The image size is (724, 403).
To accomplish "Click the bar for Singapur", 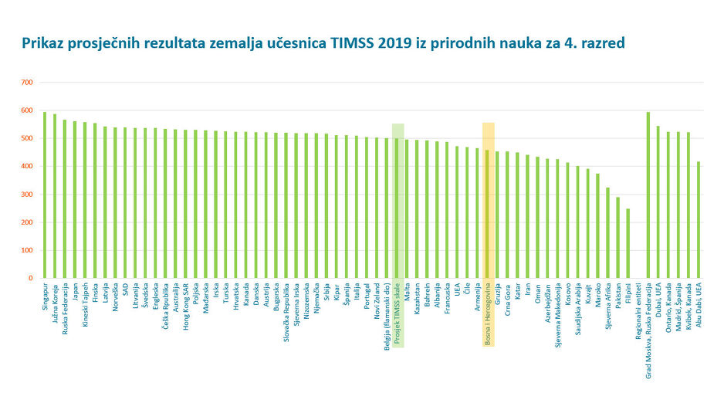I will [x=45, y=195].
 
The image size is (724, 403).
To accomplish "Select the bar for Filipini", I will [x=628, y=242].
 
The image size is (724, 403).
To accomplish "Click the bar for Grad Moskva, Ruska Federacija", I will [x=648, y=195].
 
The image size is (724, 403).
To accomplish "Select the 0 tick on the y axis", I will [x=30, y=278].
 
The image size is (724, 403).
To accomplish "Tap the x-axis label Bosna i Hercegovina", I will [x=489, y=313].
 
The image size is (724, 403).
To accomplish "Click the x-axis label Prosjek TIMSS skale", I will [x=398, y=313].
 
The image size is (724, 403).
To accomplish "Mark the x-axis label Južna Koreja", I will [x=55, y=301].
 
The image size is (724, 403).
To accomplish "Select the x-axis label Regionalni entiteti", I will [x=638, y=311].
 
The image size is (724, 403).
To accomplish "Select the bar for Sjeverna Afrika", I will [x=607, y=232].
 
